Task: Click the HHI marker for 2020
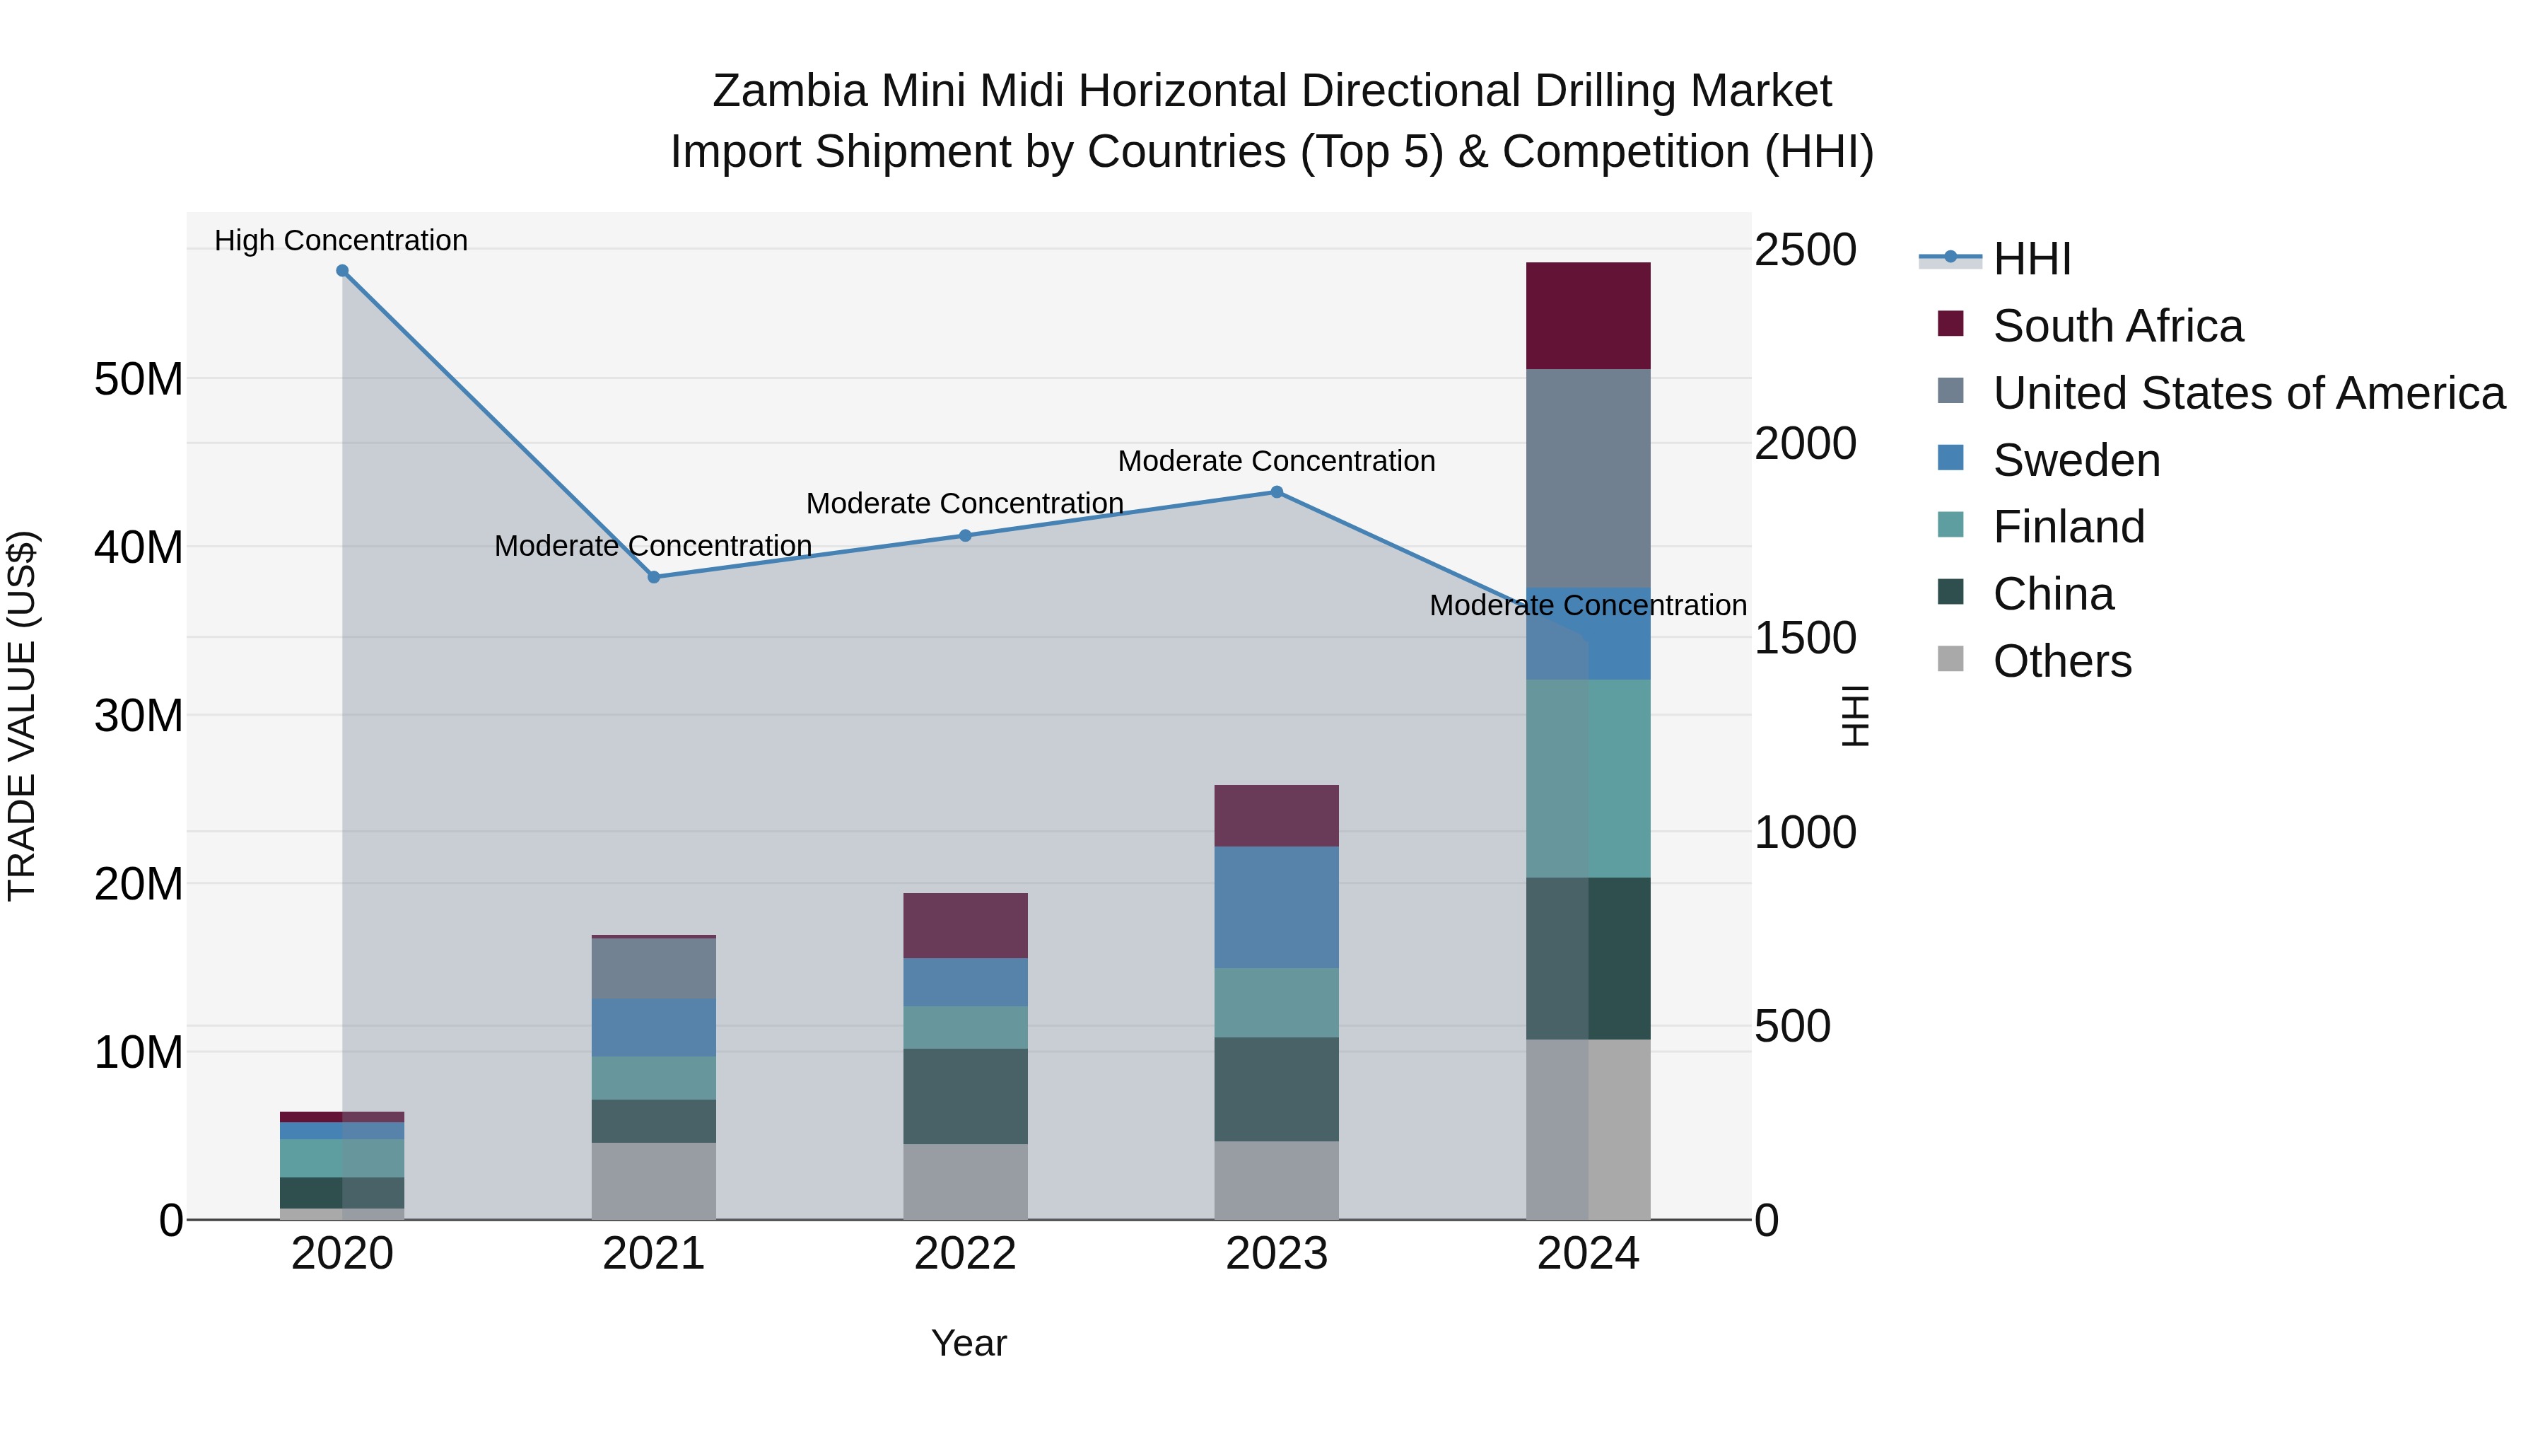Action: (342, 271)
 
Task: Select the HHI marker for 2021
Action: (654, 577)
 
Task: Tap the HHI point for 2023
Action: (1277, 492)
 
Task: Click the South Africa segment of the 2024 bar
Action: (1588, 316)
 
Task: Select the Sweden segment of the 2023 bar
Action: (1277, 907)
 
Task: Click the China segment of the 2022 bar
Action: (965, 1096)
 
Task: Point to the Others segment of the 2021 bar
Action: (654, 1181)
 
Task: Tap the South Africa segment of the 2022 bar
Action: (965, 926)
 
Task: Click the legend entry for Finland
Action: (2068, 527)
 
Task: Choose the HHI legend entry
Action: (2031, 259)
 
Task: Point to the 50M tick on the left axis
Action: (139, 380)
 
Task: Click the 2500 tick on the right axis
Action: (1805, 250)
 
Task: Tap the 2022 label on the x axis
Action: (965, 1254)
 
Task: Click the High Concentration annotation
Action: (341, 240)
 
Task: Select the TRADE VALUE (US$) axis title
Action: (22, 716)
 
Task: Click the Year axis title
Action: (969, 1343)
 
